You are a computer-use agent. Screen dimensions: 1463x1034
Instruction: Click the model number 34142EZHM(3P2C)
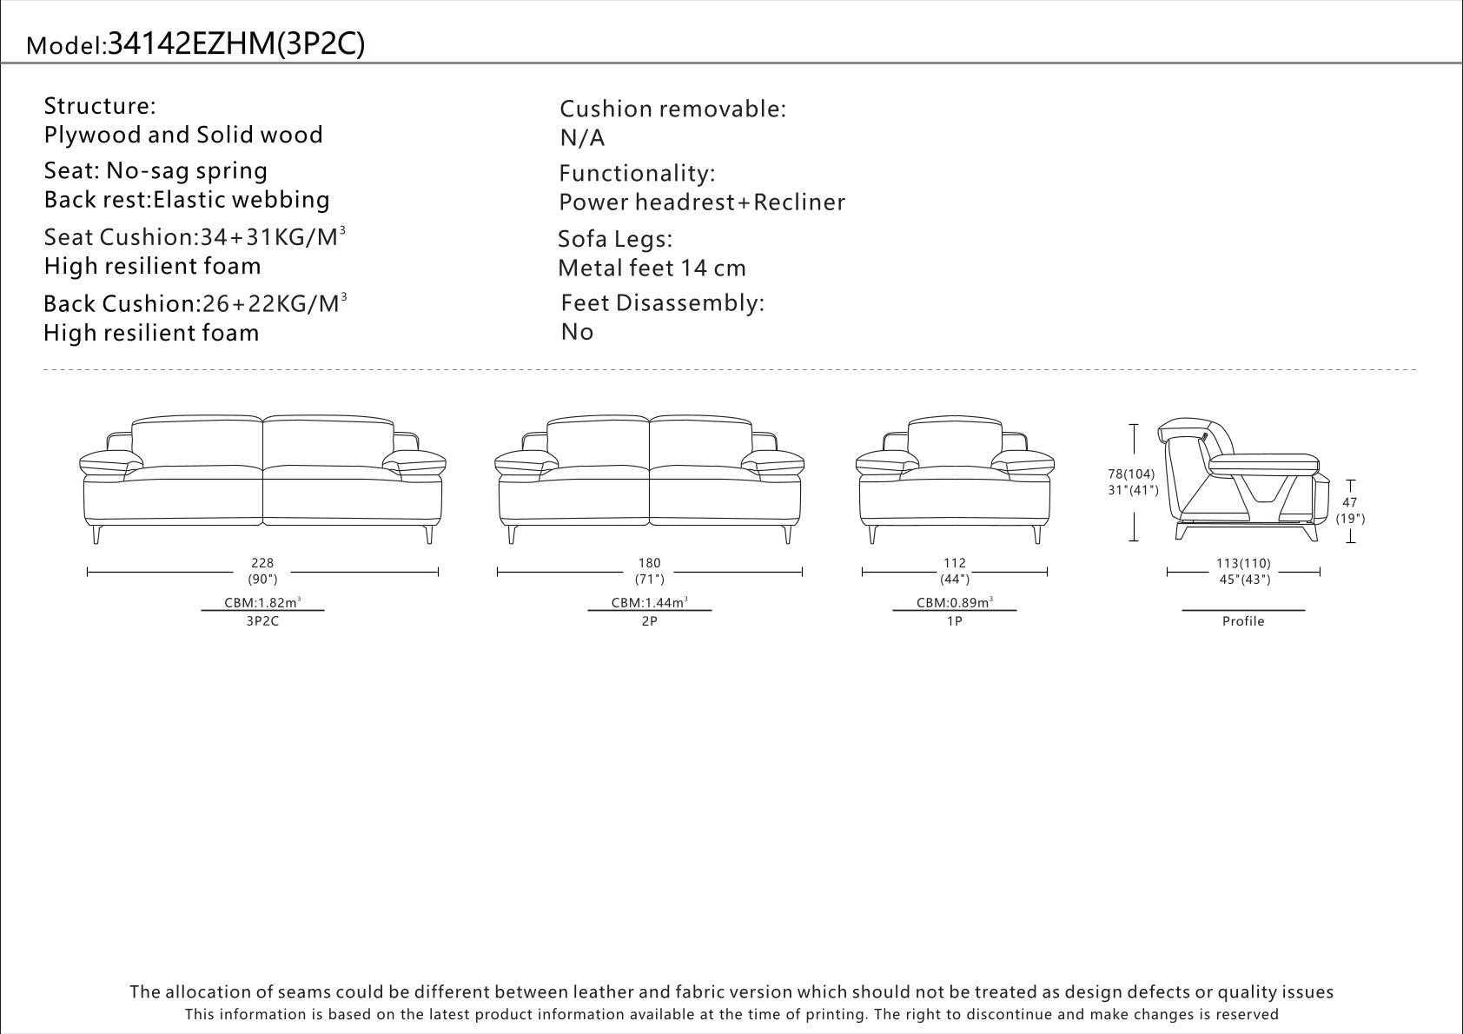tap(236, 44)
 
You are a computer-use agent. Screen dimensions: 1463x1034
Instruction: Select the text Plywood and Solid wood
tap(183, 136)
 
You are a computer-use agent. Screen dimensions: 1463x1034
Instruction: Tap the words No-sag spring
tap(187, 171)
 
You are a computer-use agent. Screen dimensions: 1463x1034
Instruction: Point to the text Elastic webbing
tap(242, 200)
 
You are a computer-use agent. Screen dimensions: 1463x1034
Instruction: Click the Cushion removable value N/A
tap(583, 138)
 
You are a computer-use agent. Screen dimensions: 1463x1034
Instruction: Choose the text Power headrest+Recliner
tap(702, 202)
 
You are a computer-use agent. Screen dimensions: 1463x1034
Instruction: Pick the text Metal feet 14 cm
tap(652, 268)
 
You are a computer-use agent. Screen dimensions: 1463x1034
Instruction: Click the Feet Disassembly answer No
tap(578, 333)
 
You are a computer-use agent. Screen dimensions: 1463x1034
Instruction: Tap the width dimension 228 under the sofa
tap(262, 563)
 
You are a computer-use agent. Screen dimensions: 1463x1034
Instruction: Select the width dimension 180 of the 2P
tap(649, 563)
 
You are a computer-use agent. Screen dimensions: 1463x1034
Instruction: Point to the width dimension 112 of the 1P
tap(954, 563)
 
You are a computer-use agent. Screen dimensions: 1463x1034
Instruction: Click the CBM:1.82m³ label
tap(262, 602)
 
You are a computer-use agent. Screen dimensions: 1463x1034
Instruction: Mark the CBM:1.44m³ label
tap(649, 602)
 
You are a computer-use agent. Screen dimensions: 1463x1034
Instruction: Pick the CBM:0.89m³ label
tap(954, 602)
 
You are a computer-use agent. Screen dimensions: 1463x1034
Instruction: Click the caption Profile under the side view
tap(1243, 621)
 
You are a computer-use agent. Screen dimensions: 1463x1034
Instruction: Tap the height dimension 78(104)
tap(1131, 474)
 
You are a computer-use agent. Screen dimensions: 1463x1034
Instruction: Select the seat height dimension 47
tap(1350, 502)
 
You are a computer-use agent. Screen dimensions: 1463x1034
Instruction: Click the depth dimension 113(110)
tap(1243, 563)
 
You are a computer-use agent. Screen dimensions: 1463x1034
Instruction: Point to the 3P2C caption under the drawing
tap(262, 621)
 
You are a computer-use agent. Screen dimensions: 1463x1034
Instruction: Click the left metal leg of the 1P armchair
tap(872, 534)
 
